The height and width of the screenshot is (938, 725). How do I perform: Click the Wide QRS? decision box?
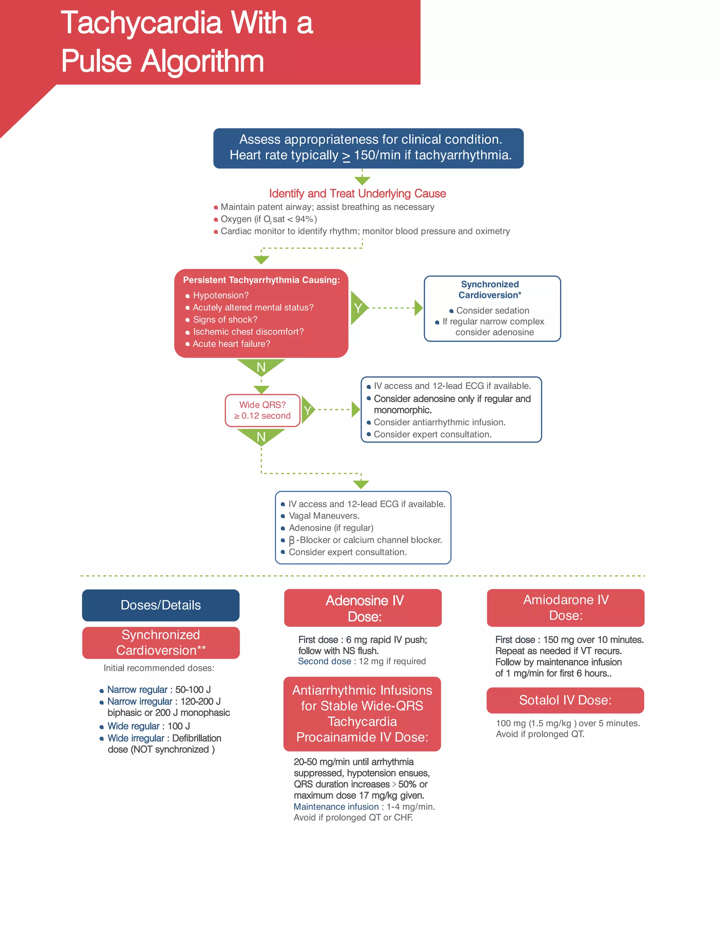click(x=262, y=410)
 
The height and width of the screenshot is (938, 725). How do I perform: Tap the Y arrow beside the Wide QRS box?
click(x=308, y=410)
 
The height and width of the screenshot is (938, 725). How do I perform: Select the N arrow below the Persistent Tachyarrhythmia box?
click(x=261, y=367)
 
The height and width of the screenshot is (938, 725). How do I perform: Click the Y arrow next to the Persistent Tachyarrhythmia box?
click(x=358, y=308)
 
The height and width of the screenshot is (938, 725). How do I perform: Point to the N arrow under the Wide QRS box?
click(x=261, y=436)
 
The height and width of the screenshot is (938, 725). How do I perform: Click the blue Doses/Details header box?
click(x=161, y=605)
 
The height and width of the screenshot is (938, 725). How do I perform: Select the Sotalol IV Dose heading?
click(x=565, y=700)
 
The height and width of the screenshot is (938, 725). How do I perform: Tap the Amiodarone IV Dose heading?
click(x=565, y=607)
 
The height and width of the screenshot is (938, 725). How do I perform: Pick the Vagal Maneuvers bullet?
click(x=324, y=516)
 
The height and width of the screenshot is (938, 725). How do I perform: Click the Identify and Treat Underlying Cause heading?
click(x=357, y=194)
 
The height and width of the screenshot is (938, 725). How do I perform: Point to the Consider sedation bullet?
click(x=492, y=310)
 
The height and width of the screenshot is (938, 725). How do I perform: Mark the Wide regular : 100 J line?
click(x=148, y=726)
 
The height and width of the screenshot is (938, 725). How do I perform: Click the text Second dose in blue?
click(x=324, y=662)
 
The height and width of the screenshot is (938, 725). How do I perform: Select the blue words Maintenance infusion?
click(x=336, y=807)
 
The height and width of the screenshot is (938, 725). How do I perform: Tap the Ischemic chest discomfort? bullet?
click(x=248, y=332)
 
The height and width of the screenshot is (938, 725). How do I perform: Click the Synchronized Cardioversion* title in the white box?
click(x=490, y=290)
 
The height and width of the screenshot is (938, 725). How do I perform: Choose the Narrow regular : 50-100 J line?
click(x=159, y=690)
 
